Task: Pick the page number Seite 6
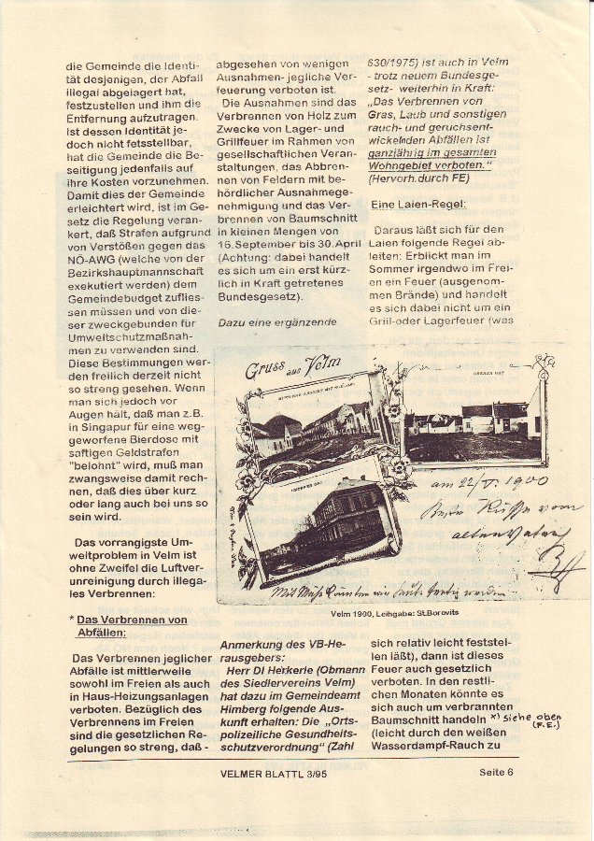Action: (497, 772)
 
